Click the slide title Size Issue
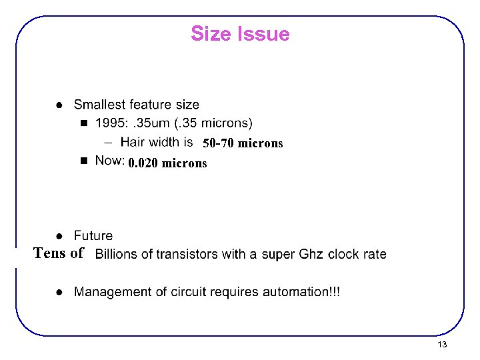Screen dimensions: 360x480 (240, 33)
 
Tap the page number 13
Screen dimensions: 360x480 (442, 345)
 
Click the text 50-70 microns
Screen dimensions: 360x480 (243, 143)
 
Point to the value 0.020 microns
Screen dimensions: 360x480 (168, 163)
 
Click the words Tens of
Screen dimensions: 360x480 (59, 253)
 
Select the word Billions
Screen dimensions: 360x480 (115, 254)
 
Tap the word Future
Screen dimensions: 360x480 (93, 235)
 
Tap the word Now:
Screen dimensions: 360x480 (110, 160)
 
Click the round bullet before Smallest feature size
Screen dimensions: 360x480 (59, 105)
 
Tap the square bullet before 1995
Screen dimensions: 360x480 (83, 123)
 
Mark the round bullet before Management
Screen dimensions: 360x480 (59, 292)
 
